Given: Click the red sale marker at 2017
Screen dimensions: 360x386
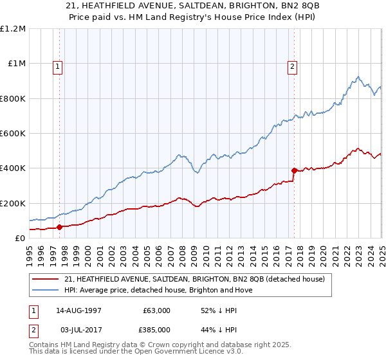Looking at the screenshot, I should click(x=294, y=171).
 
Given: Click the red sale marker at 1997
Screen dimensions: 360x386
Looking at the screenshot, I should click(x=59, y=227).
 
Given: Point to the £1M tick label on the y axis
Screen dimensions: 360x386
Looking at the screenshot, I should click(x=16, y=64).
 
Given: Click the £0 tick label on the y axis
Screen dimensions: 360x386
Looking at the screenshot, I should click(x=20, y=239).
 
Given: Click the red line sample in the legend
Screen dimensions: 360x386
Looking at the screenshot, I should click(x=46, y=280).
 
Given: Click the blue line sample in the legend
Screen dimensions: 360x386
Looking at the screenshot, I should click(x=46, y=290).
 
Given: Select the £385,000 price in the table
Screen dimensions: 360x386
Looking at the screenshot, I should click(x=157, y=330).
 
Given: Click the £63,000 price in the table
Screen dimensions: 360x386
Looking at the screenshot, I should click(x=157, y=310).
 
